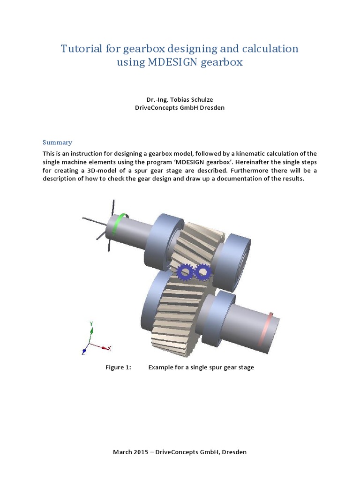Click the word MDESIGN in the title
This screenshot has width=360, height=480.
point(172,62)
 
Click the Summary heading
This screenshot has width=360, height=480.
point(57,142)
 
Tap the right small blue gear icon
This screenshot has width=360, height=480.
point(202,271)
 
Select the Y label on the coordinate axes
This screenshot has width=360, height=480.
point(91,323)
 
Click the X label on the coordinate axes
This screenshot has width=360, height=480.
point(109,348)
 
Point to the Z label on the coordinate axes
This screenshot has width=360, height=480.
point(83,352)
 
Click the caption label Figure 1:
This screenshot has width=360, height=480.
point(118,367)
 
